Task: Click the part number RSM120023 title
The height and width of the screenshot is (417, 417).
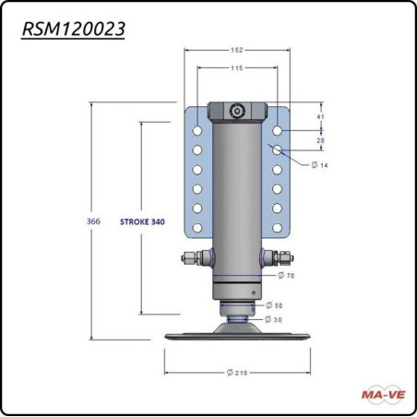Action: point(74,29)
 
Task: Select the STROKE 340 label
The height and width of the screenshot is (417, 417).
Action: point(142,222)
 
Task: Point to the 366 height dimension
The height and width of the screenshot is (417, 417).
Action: point(94,222)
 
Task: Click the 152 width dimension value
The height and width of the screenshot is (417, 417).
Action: point(237,52)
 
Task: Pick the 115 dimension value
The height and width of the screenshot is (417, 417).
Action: point(237,69)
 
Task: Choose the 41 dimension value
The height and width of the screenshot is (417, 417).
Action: point(319,118)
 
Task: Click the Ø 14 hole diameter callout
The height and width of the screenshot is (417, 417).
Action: point(319,164)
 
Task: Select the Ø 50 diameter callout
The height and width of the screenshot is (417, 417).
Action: point(274,305)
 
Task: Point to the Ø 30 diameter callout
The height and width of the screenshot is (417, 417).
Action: point(274,318)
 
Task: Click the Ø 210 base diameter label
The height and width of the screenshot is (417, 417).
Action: point(238,372)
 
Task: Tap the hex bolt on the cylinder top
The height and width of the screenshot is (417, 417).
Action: point(237,111)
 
